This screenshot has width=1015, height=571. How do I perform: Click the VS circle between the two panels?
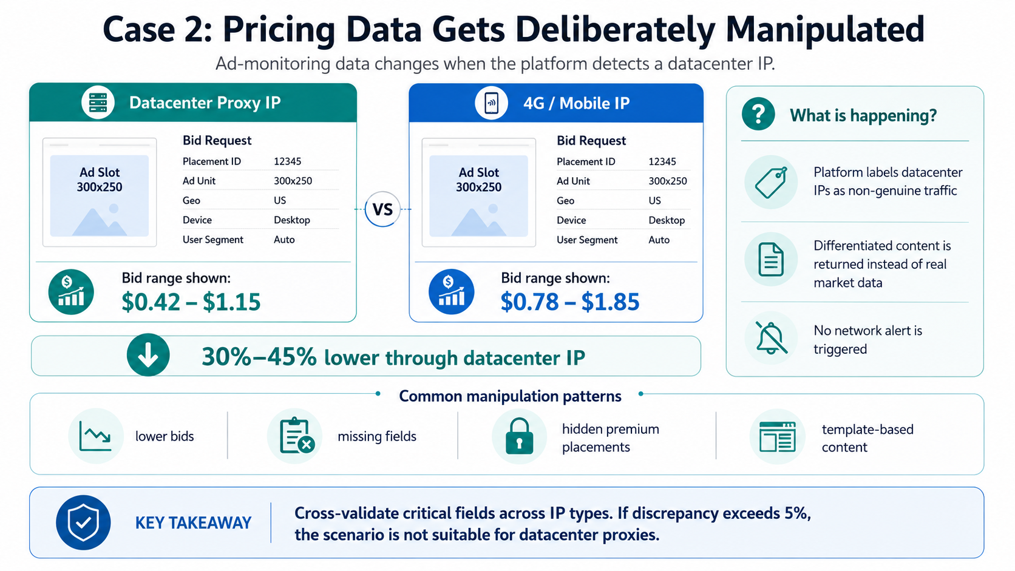(382, 209)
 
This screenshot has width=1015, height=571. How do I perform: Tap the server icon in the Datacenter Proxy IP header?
(98, 103)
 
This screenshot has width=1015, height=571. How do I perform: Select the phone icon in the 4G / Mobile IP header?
(491, 103)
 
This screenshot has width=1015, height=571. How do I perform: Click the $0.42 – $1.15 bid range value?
(191, 302)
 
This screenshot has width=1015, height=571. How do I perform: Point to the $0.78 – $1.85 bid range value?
(569, 302)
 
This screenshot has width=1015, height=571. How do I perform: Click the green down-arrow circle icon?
(148, 355)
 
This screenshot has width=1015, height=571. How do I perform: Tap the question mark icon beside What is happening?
(758, 114)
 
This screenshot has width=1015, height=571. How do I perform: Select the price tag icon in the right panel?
(771, 183)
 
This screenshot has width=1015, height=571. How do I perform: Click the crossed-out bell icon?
(771, 338)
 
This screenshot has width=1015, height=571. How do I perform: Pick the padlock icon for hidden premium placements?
(519, 436)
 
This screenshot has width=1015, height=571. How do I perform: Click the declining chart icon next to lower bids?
(95, 436)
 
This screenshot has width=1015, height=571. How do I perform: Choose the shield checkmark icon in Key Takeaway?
(83, 522)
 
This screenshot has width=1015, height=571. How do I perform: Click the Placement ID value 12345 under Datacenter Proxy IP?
(287, 161)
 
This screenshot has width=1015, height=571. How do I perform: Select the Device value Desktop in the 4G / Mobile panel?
(667, 220)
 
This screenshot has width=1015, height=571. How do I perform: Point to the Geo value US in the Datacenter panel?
(280, 200)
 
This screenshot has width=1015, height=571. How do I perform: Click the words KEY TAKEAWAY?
(193, 523)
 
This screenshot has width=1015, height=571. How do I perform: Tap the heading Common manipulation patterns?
(510, 396)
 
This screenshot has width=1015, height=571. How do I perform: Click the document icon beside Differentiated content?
(771, 260)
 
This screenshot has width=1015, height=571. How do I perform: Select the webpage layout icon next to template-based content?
(777, 436)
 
